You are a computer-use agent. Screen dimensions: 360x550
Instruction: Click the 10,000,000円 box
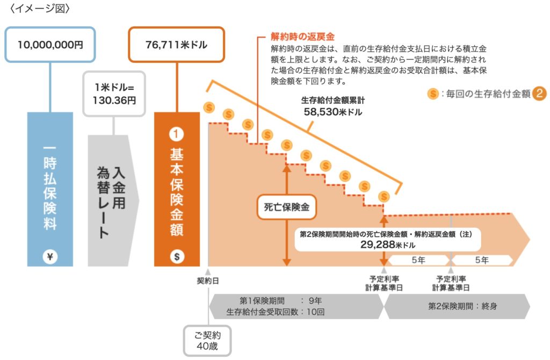pos(50,45)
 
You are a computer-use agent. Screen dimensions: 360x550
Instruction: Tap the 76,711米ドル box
pos(176,45)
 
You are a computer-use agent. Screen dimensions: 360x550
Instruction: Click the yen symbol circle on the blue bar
pos(50,256)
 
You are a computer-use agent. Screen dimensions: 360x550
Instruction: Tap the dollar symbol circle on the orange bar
pos(176,256)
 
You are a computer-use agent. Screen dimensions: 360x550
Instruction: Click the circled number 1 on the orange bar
pos(176,134)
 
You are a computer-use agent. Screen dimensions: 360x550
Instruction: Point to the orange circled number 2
pos(539,93)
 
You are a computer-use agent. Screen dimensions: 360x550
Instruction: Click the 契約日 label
pos(208,280)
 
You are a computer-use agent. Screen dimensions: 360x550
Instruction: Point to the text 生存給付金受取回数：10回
pos(275,312)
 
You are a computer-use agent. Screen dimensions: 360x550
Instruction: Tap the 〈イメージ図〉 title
pos(36,9)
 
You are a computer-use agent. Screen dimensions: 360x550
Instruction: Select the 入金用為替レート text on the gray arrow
pos(111,199)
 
